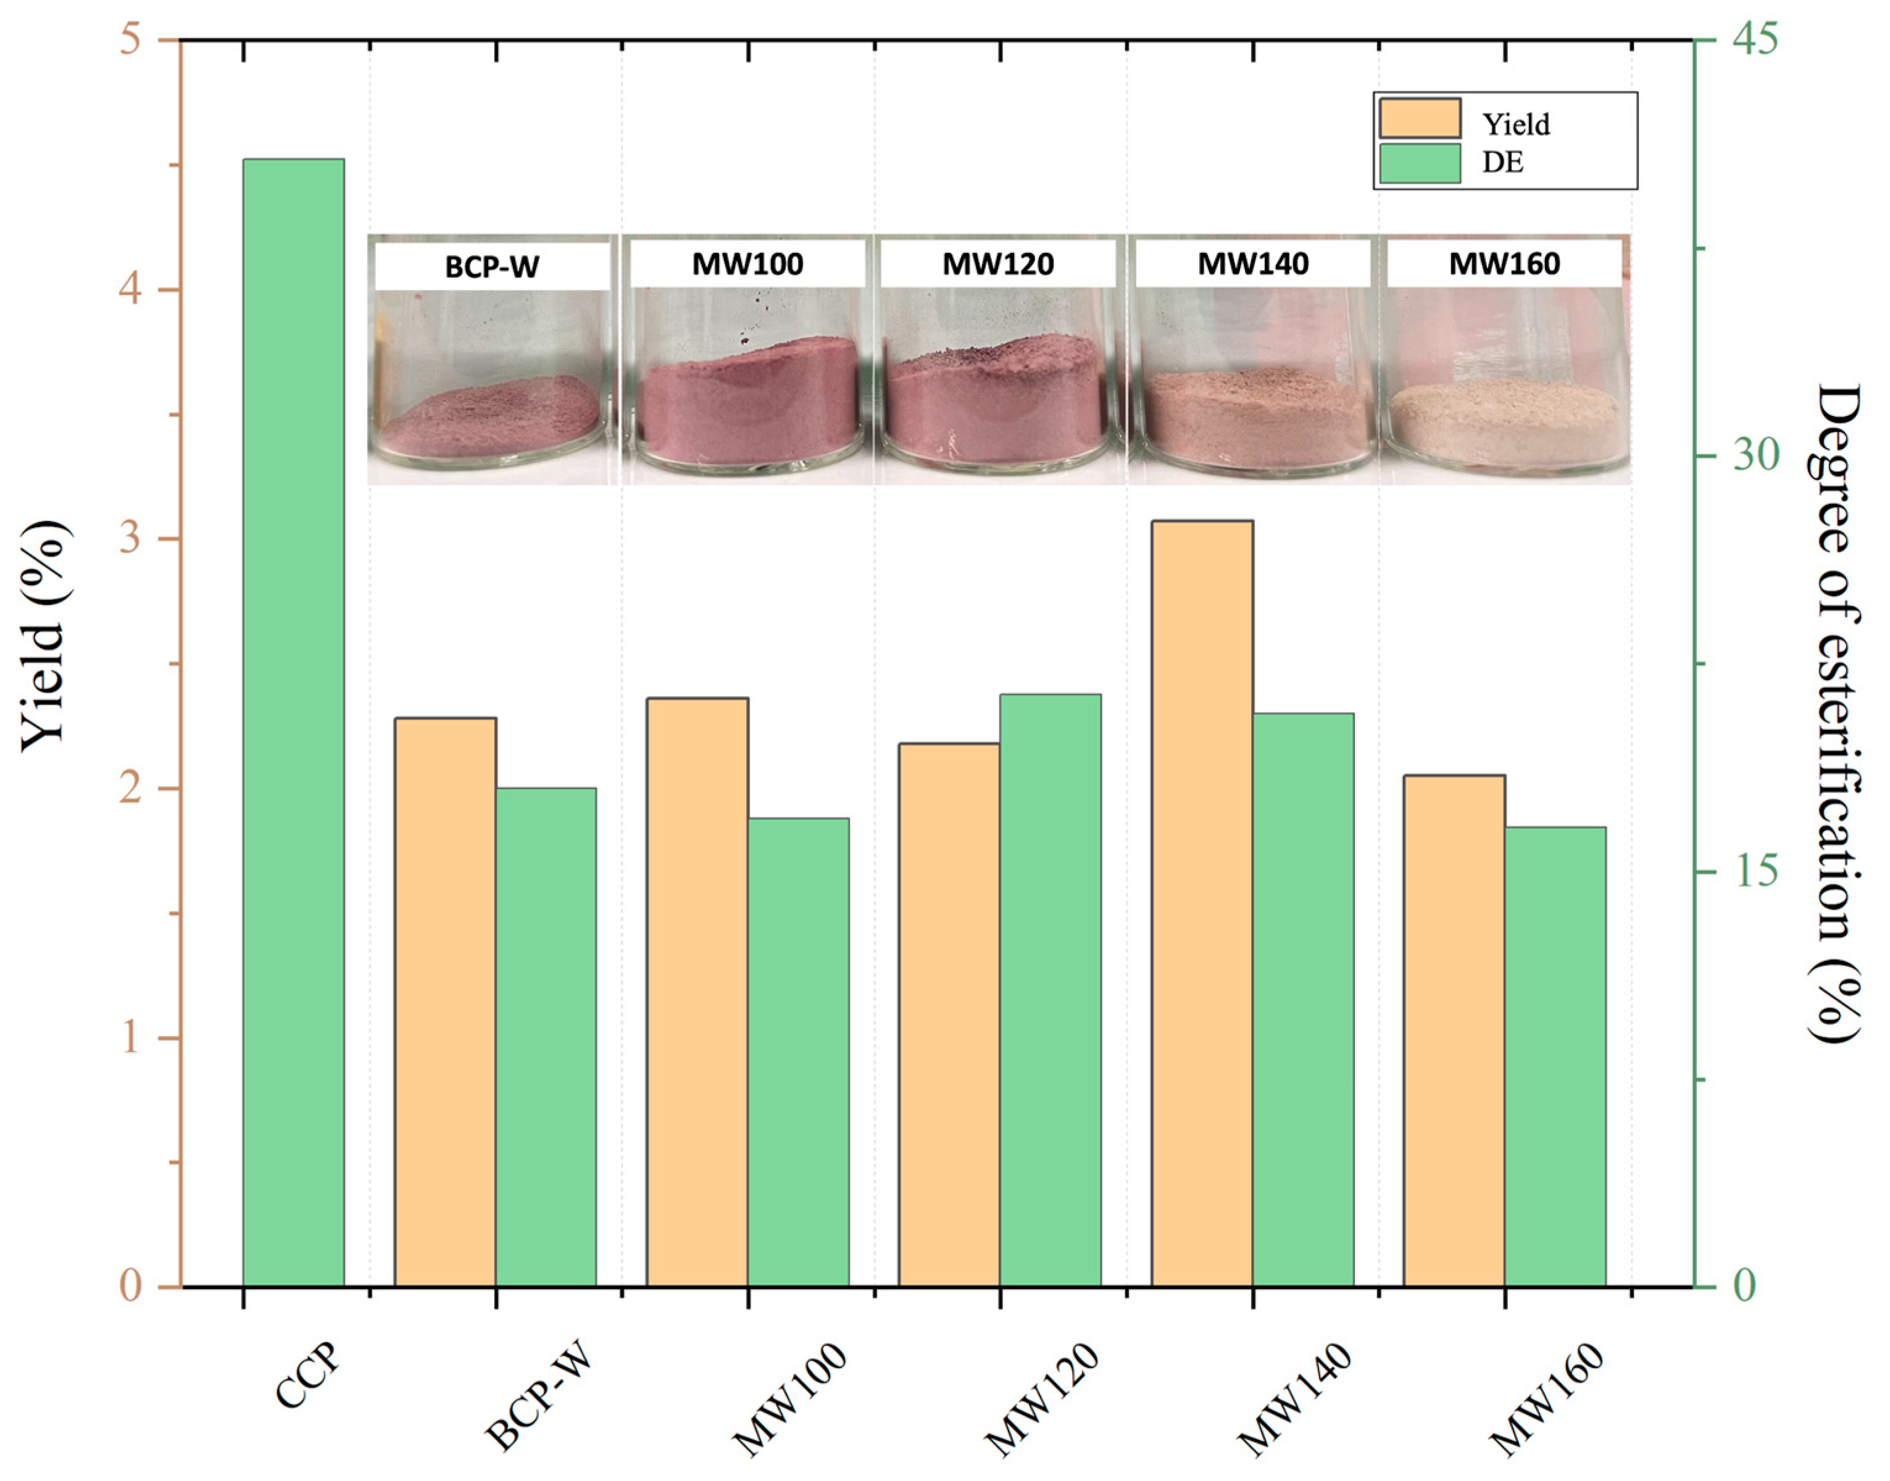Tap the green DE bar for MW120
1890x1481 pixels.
click(x=1051, y=989)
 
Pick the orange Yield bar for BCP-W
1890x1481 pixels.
click(x=445, y=1002)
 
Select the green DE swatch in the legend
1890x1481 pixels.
click(x=1420, y=163)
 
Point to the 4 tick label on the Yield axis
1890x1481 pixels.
click(x=130, y=289)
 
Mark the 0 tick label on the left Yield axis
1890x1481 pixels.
click(x=130, y=1286)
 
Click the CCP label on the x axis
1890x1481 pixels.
click(x=309, y=1379)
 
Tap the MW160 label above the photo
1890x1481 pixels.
click(x=1504, y=263)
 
